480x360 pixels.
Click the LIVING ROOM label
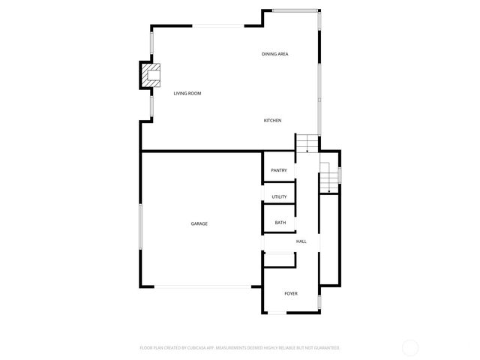click(x=187, y=93)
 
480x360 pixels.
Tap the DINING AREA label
click(x=275, y=54)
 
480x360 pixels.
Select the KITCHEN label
click(x=272, y=121)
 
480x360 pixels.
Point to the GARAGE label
click(x=199, y=223)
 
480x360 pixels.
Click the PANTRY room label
click(x=279, y=170)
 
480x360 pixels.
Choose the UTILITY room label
click(x=279, y=196)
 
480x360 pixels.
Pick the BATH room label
click(x=280, y=223)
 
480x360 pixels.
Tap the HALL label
click(x=301, y=241)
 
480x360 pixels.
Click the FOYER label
click(x=291, y=293)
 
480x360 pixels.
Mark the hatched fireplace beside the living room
click(x=151, y=74)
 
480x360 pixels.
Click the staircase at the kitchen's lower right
click(x=306, y=143)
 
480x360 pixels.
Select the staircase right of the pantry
click(x=328, y=178)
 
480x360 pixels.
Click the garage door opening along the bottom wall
click(x=202, y=286)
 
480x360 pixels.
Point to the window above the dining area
click(x=294, y=10)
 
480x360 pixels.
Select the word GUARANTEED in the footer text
click(x=323, y=348)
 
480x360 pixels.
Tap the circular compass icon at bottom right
click(x=410, y=347)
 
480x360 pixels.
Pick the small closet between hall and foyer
click(x=279, y=259)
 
